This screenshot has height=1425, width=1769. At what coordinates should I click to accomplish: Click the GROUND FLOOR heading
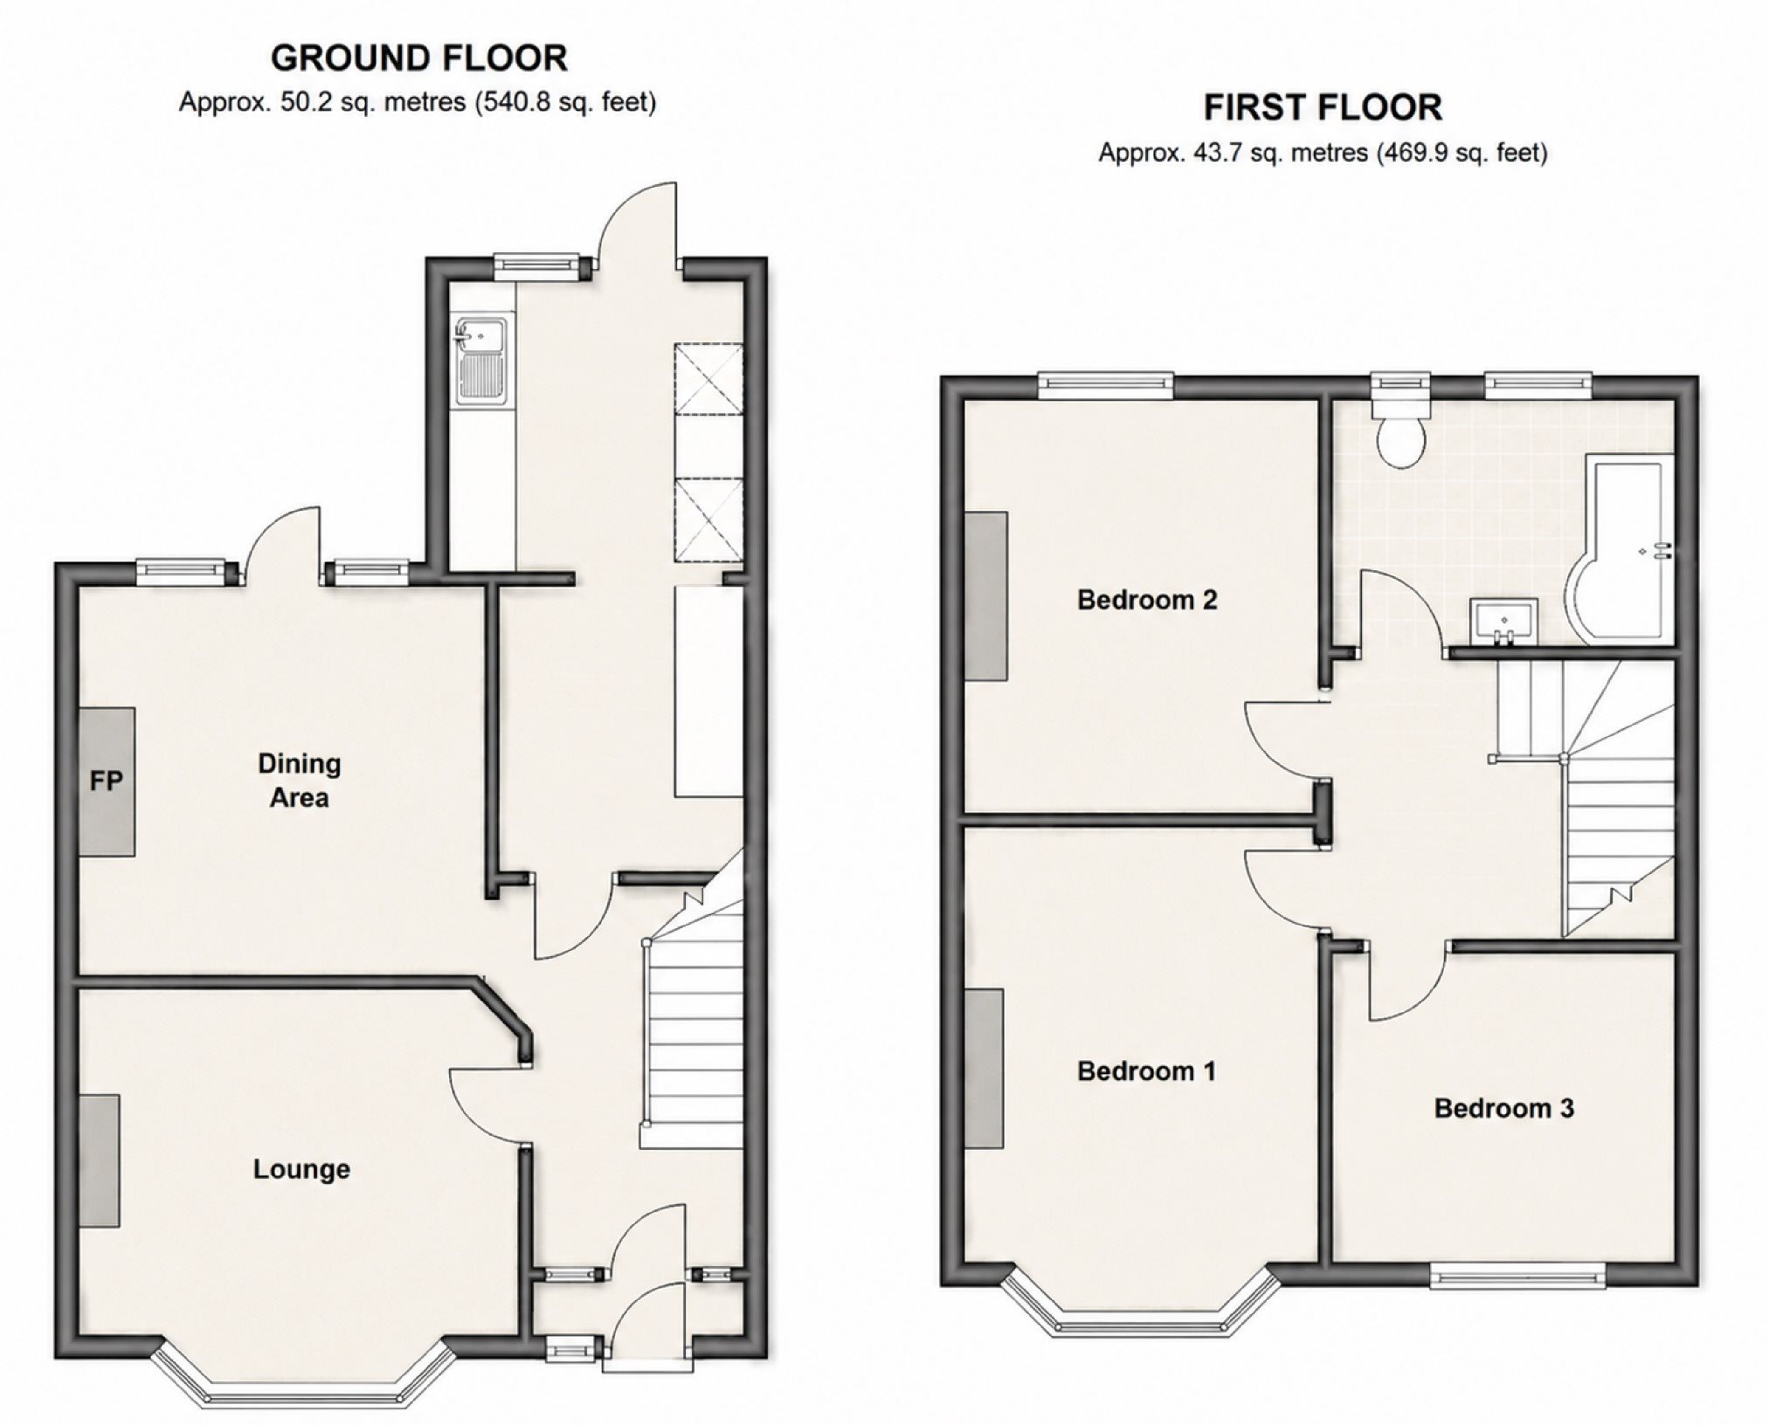pyautogui.click(x=419, y=59)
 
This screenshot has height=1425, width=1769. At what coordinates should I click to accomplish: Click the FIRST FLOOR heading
pyautogui.click(x=1323, y=108)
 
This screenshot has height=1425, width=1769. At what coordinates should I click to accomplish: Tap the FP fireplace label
pyautogui.click(x=107, y=781)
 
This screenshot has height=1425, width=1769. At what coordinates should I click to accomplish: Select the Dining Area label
pyautogui.click(x=299, y=781)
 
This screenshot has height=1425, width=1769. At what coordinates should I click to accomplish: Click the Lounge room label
pyautogui.click(x=301, y=1169)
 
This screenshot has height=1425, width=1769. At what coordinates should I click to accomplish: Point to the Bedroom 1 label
pyautogui.click(x=1146, y=1070)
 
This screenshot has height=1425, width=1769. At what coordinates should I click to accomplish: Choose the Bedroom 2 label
pyautogui.click(x=1147, y=600)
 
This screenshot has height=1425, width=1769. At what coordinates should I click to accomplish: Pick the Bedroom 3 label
pyautogui.click(x=1503, y=1108)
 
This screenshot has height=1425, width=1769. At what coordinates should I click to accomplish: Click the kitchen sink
pyautogui.click(x=480, y=361)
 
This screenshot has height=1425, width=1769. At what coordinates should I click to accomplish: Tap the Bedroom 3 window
pyautogui.click(x=1517, y=1279)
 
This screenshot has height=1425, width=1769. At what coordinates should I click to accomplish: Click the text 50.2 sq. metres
pyautogui.click(x=373, y=103)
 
